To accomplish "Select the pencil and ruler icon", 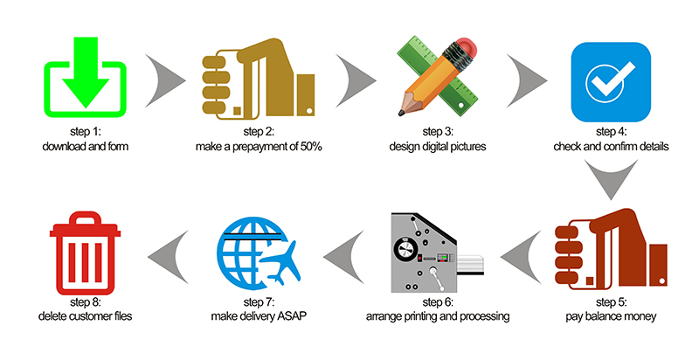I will tap(436, 77).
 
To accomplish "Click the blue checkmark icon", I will tap(611, 82).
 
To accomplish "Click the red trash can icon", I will tap(86, 255).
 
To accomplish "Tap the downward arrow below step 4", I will tap(611, 183).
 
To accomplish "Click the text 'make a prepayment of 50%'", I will tap(259, 147).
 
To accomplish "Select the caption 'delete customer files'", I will tap(86, 315).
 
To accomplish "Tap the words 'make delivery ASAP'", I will tap(259, 315).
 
